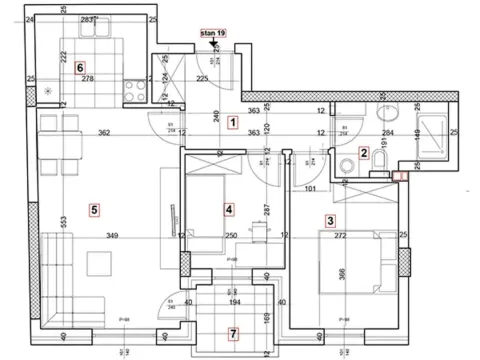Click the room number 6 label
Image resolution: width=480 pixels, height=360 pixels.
(x=79, y=67)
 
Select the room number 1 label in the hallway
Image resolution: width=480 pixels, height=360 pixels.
(x=232, y=123)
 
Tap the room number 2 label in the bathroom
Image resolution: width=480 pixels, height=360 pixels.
(x=365, y=153)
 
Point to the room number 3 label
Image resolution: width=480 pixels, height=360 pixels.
(x=330, y=221)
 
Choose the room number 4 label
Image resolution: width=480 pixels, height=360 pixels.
(x=230, y=209)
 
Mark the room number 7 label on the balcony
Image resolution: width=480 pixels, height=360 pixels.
(x=232, y=333)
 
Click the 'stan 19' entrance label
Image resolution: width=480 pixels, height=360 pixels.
(x=215, y=32)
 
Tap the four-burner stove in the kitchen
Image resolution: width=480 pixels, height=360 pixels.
(x=132, y=87)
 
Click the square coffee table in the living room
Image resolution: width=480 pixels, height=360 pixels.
(x=100, y=265)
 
